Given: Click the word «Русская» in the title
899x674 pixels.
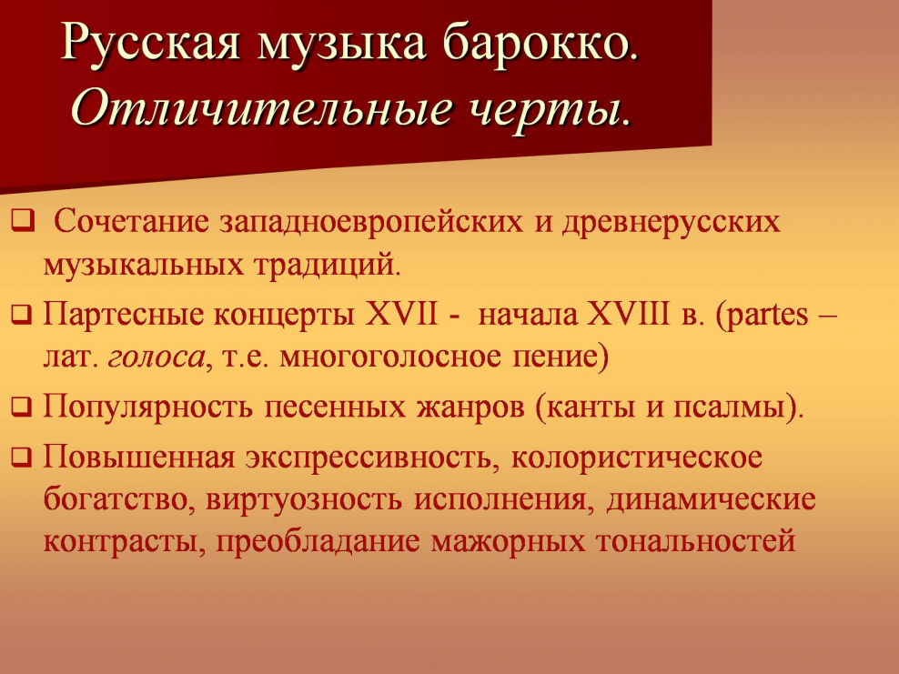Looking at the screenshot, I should (x=146, y=42).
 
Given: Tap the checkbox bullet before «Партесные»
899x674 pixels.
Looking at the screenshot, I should (x=21, y=316).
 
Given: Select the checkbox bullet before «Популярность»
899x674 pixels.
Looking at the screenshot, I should (x=21, y=407).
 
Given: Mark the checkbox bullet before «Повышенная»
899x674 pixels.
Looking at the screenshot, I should (x=21, y=455).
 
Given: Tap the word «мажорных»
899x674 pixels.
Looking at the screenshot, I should (x=509, y=542).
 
